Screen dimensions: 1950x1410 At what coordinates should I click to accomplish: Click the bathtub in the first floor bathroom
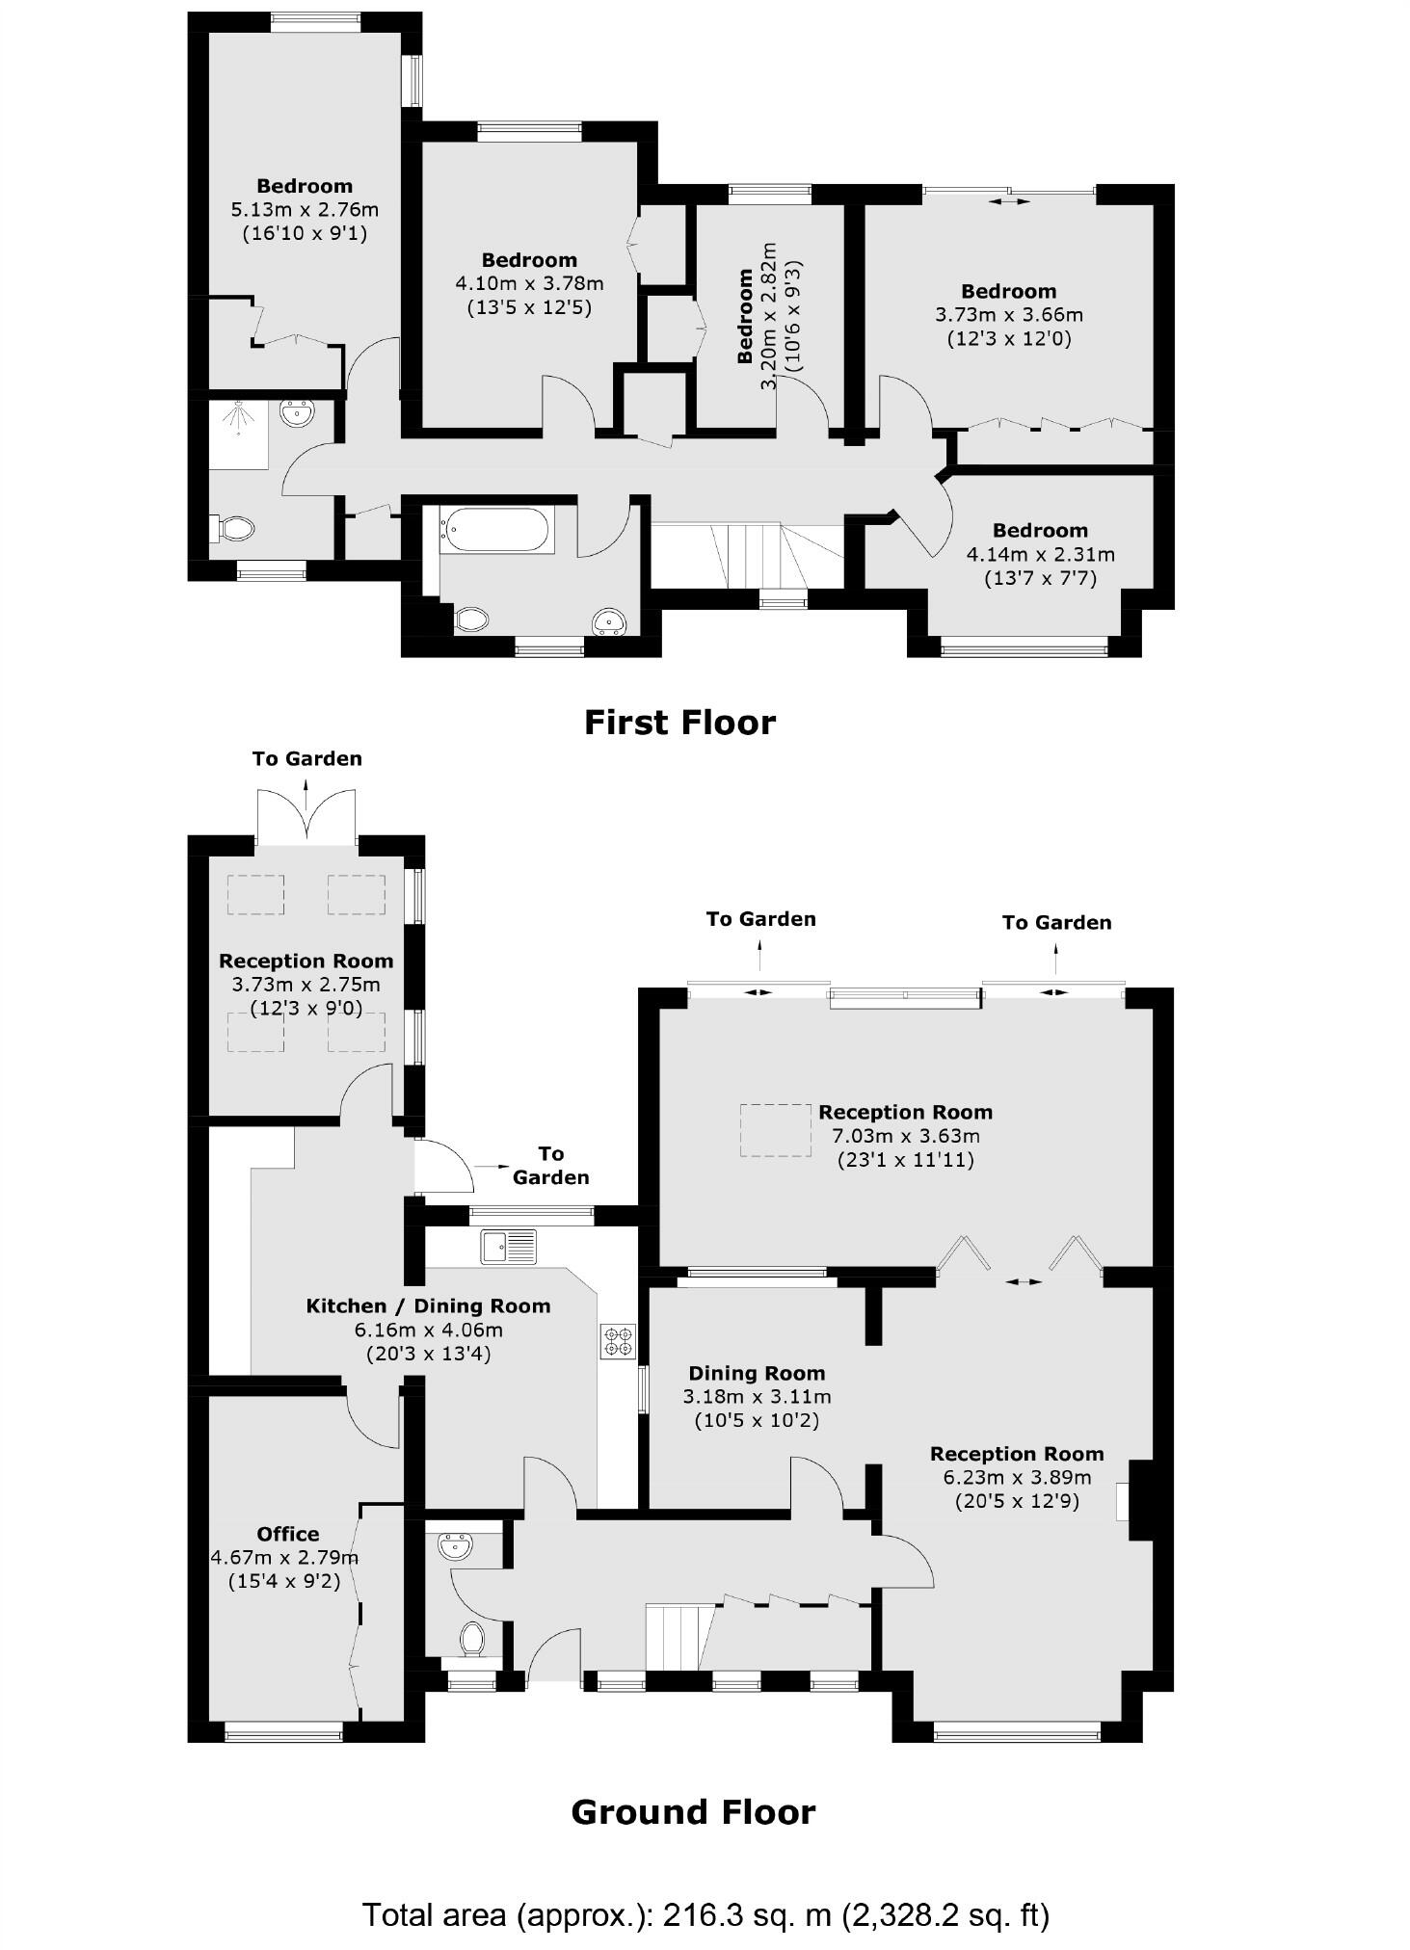[496, 530]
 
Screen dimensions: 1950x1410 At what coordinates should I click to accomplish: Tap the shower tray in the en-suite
[238, 435]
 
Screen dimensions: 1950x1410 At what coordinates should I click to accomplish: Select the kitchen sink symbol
[509, 1247]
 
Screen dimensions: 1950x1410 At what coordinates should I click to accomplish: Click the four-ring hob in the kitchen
[618, 1341]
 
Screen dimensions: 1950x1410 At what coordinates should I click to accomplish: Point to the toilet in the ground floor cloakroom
[471, 1637]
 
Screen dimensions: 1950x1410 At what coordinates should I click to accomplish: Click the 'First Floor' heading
[679, 723]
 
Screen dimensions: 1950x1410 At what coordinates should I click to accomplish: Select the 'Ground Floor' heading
[693, 1812]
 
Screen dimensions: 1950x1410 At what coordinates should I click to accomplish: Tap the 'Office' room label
[288, 1534]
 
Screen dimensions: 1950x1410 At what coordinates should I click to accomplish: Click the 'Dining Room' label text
[757, 1373]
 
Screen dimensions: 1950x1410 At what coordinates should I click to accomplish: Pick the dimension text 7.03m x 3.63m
[905, 1136]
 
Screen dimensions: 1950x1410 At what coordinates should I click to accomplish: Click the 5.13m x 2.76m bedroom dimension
[304, 209]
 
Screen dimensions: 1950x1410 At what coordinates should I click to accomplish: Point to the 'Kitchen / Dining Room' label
[428, 1306]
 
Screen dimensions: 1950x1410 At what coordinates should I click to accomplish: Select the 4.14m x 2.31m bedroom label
[1040, 554]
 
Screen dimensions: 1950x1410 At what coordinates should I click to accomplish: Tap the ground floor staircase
[680, 1636]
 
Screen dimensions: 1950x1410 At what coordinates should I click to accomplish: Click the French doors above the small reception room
[306, 818]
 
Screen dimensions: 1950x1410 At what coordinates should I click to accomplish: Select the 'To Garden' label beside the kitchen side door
[550, 1165]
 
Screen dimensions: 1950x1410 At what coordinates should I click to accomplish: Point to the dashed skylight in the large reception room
[775, 1129]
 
